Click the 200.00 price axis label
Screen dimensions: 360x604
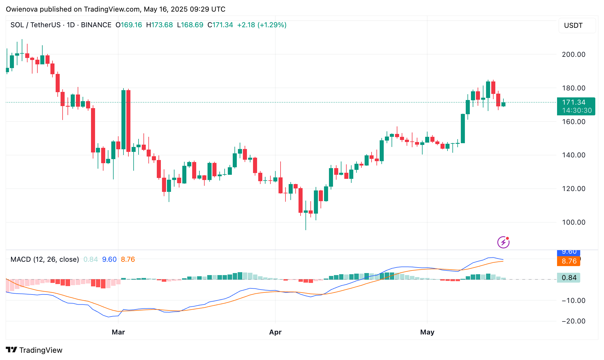pyautogui.click(x=573, y=54)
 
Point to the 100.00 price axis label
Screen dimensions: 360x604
pyautogui.click(x=573, y=222)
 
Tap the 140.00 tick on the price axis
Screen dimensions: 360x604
pyautogui.click(x=573, y=155)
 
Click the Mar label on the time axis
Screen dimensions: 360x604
pyautogui.click(x=118, y=332)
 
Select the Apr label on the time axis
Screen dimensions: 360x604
pyautogui.click(x=275, y=332)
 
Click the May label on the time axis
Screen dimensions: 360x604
pyautogui.click(x=427, y=332)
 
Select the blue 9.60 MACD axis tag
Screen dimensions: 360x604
pyautogui.click(x=569, y=252)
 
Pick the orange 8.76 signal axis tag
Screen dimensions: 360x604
pyautogui.click(x=569, y=261)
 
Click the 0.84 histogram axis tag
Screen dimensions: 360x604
pyautogui.click(x=569, y=278)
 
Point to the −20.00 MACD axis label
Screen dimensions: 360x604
pyautogui.click(x=573, y=321)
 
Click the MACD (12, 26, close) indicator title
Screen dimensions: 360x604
pyautogui.click(x=45, y=259)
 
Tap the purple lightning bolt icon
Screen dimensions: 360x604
pyautogui.click(x=503, y=242)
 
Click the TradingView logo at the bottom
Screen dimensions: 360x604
pyautogui.click(x=34, y=350)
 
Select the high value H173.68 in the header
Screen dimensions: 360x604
pyautogui.click(x=159, y=25)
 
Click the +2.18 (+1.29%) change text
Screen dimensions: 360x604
pyautogui.click(x=262, y=25)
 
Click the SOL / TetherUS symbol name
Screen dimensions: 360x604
pyautogui.click(x=36, y=25)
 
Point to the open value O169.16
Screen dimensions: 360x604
pyautogui.click(x=129, y=25)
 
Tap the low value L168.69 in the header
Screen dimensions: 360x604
pyautogui.click(x=190, y=25)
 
